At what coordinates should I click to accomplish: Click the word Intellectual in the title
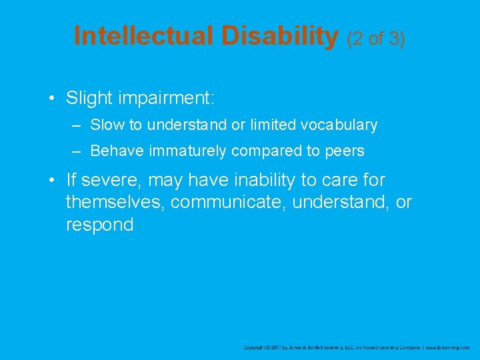click(x=143, y=36)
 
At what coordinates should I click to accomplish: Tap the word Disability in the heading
click(x=280, y=36)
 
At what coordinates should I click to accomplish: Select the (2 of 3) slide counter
click(x=376, y=38)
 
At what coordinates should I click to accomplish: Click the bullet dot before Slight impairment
click(x=51, y=99)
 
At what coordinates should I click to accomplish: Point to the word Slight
click(x=89, y=99)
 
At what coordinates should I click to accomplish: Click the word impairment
click(x=166, y=99)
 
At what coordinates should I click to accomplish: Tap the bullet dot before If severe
click(x=51, y=180)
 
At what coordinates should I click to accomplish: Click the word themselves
click(x=115, y=202)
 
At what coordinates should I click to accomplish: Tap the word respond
click(x=99, y=225)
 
